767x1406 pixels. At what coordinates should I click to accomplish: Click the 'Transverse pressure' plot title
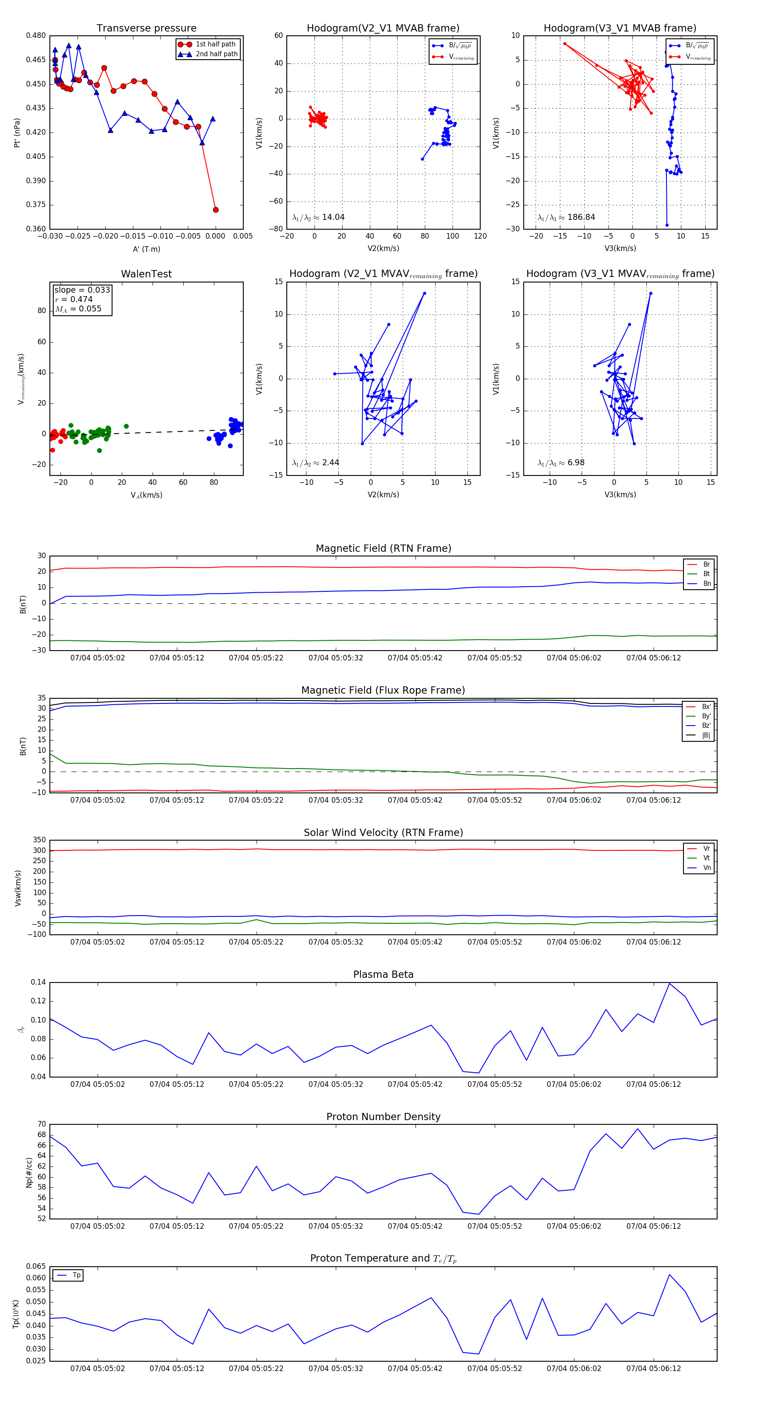146,29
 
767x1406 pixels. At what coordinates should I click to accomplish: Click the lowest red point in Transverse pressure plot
216,210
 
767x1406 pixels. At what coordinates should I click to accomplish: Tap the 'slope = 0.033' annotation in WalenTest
82,290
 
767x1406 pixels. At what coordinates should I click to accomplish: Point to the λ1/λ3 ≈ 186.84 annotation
566,217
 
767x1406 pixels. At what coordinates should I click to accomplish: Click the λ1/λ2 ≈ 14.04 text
318,217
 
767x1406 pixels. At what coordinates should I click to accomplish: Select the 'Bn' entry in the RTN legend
706,583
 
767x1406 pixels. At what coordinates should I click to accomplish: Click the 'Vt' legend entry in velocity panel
706,858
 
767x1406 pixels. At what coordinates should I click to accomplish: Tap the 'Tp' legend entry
76,1275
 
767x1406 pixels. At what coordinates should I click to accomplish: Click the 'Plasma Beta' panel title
383,974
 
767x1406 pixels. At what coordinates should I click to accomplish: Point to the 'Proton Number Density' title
383,1117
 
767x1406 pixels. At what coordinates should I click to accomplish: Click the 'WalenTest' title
146,274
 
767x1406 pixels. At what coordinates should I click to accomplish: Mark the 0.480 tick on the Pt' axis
36,35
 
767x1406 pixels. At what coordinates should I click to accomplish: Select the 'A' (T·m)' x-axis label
146,249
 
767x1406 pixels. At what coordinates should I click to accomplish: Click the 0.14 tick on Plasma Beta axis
38,982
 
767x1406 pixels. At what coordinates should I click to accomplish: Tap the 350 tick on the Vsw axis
39,840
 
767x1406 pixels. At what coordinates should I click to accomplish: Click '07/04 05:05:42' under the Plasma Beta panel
415,1084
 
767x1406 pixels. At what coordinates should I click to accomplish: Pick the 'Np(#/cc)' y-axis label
29,1173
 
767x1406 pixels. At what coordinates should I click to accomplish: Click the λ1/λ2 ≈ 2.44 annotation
315,463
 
